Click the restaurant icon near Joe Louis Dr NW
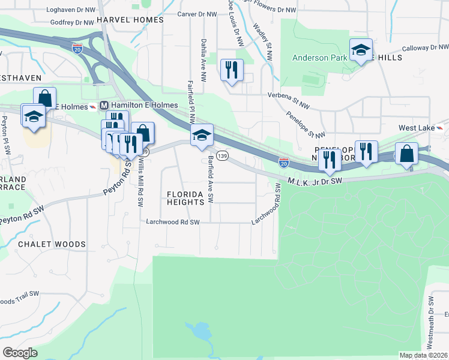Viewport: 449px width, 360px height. pyautogui.click(x=231, y=70)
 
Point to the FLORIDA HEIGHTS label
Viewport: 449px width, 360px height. pyautogui.click(x=185, y=198)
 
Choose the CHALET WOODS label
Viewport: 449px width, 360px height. pyautogui.click(x=51, y=244)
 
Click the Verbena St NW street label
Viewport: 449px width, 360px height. pyautogui.click(x=288, y=95)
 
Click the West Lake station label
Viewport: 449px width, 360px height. pyautogui.click(x=415, y=128)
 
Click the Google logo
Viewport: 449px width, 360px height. pyautogui.click(x=20, y=352)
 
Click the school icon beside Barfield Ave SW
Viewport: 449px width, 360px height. pyautogui.click(x=202, y=136)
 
